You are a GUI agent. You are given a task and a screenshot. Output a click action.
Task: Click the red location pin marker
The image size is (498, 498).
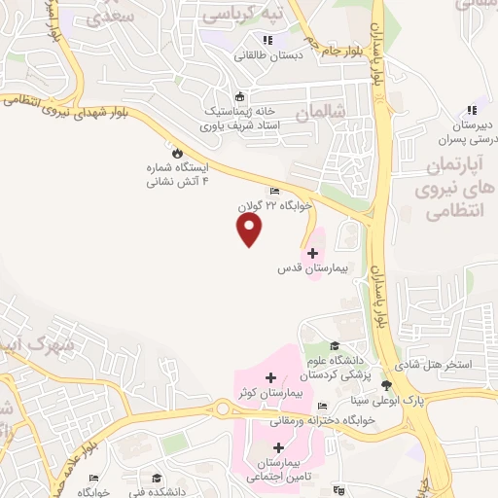(250, 230)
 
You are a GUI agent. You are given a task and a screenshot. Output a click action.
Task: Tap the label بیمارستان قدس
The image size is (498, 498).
(313, 267)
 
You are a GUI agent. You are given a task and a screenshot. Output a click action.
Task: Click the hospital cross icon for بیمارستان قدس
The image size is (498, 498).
(312, 252)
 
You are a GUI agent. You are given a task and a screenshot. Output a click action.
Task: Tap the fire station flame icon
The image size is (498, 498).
(177, 153)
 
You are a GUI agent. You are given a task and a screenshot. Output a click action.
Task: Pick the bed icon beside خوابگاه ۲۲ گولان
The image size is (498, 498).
(275, 192)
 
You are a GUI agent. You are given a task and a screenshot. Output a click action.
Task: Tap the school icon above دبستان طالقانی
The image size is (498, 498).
(267, 40)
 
